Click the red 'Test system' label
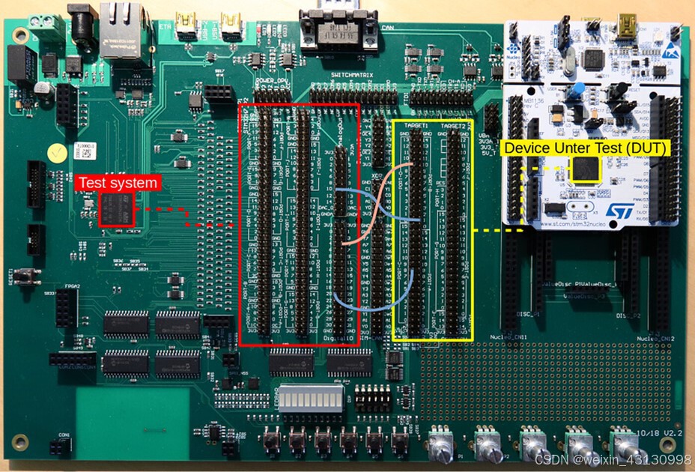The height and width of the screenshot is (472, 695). pos(118,183)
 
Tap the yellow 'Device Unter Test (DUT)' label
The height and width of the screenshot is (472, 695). pos(585,148)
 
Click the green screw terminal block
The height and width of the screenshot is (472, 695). pos(47,28)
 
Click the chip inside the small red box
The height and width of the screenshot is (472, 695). pos(116,209)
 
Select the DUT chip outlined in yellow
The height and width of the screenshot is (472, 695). pos(586,171)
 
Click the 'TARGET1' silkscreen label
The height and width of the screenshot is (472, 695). pos(415,125)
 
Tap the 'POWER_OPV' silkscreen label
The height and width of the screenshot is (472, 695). pos(273,78)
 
